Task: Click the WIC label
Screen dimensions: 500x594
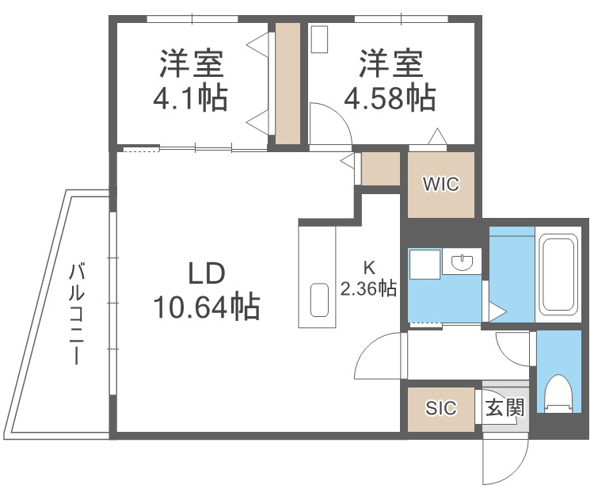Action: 440,185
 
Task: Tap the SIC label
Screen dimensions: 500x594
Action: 441,408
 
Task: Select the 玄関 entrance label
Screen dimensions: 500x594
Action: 505,408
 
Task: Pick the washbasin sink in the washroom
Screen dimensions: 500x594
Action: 460,261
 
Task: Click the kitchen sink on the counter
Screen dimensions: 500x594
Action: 318,300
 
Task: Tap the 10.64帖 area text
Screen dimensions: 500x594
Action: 208,305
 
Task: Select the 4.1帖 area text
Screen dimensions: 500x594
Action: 190,99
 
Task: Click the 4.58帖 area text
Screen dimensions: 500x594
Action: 389,99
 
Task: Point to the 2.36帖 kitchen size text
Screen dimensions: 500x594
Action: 368,288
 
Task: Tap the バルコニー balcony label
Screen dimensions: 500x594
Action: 77,313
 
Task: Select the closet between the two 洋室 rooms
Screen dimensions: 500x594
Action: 287,84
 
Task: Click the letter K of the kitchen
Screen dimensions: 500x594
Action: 368,267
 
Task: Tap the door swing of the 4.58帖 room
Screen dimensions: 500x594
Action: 327,125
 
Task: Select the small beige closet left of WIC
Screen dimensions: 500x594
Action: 380,168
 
